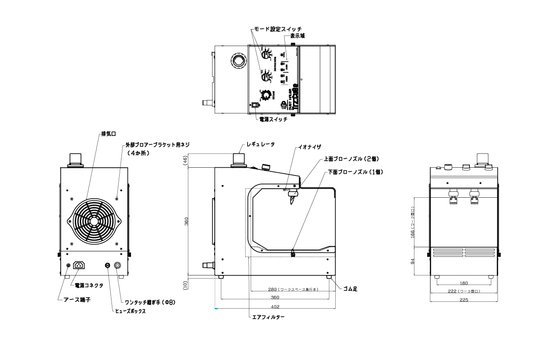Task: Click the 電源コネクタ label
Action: point(89,285)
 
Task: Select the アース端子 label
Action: point(76,300)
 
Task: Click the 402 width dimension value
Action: point(275,306)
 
